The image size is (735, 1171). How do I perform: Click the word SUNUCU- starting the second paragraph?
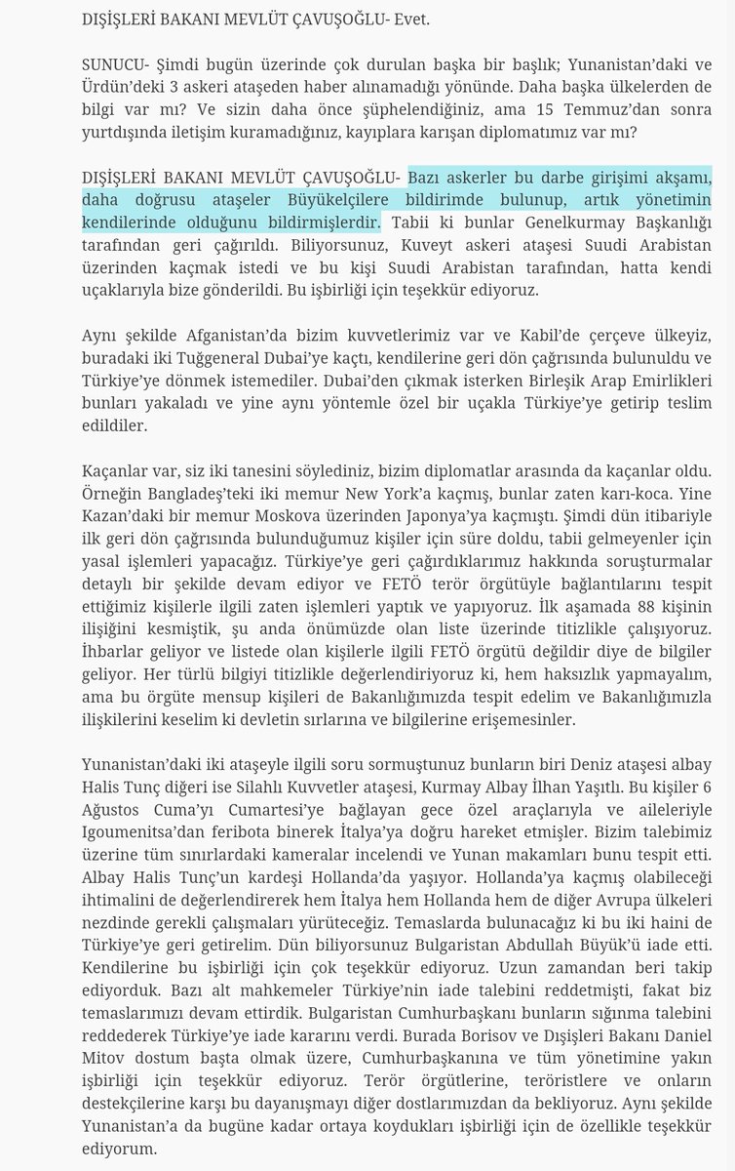coord(112,61)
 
